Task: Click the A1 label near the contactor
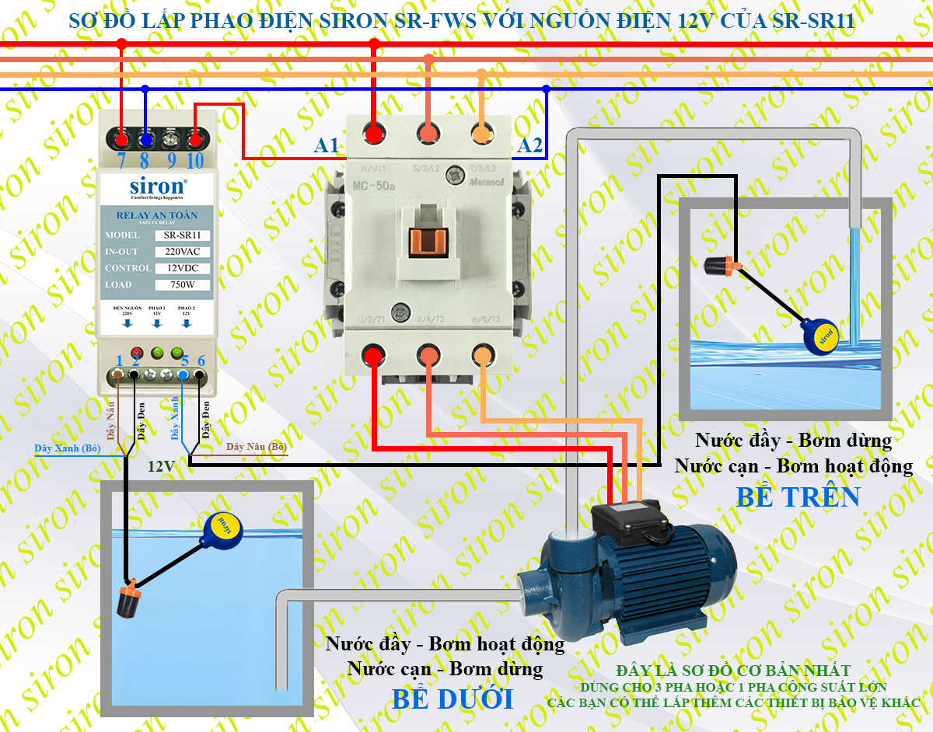[327, 145]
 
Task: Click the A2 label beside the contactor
[529, 145]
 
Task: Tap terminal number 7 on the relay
[121, 160]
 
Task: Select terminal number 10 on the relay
[194, 160]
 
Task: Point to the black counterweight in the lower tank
[128, 601]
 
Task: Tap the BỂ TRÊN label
[798, 497]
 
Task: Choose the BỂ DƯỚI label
[453, 699]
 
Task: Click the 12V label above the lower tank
[161, 466]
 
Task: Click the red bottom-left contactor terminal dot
[373, 356]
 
